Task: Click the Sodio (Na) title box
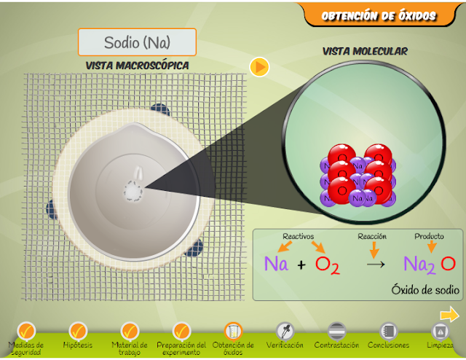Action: pyautogui.click(x=137, y=42)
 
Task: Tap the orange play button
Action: pyautogui.click(x=259, y=67)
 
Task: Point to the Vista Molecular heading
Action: pyautogui.click(x=365, y=51)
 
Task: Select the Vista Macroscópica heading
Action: pyautogui.click(x=138, y=66)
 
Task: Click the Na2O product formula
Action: pyautogui.click(x=430, y=264)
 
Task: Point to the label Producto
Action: pyautogui.click(x=430, y=236)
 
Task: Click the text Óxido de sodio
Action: pyautogui.click(x=424, y=289)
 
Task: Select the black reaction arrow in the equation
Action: pyautogui.click(x=375, y=264)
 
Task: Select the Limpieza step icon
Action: pyautogui.click(x=440, y=332)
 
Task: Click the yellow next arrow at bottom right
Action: pyautogui.click(x=449, y=315)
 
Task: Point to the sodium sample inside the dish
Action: pyautogui.click(x=134, y=190)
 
